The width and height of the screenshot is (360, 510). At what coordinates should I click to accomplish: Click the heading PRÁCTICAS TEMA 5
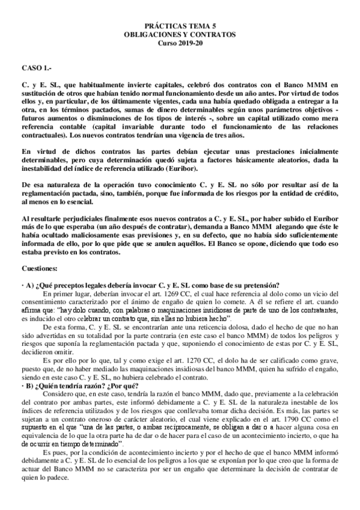click(x=180, y=28)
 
